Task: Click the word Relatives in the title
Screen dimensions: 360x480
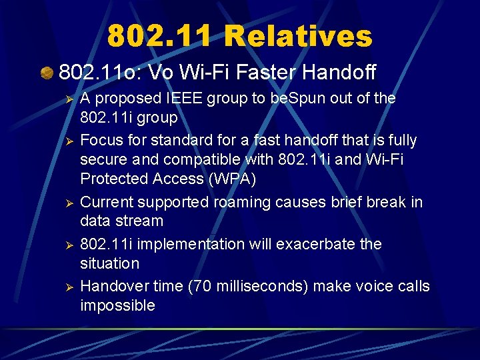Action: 298,35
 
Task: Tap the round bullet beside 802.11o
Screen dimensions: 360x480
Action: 47,71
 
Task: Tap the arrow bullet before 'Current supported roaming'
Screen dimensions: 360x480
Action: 66,202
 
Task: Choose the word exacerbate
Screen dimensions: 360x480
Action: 314,244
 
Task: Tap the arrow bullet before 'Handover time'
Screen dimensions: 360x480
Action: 66,287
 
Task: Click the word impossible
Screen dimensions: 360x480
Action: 117,305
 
